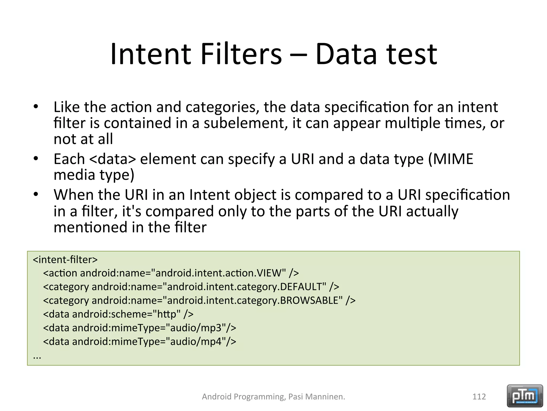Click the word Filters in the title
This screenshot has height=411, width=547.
point(241,54)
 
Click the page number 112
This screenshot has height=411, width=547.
point(479,397)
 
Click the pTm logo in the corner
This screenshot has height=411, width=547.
point(525,396)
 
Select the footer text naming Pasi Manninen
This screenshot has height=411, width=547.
point(273,397)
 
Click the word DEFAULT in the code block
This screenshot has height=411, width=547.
point(303,287)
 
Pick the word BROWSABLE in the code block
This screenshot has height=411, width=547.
point(311,300)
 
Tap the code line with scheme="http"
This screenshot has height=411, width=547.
point(118,314)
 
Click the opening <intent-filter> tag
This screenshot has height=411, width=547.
point(65,260)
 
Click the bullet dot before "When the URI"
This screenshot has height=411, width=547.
point(36,195)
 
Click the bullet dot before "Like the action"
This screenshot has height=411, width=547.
point(36,107)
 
